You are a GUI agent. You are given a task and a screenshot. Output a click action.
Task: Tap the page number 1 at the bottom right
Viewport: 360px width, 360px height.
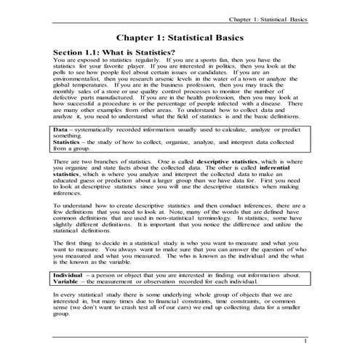coord(306,340)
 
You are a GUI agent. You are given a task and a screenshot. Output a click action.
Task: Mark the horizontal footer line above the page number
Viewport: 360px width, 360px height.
coord(180,335)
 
